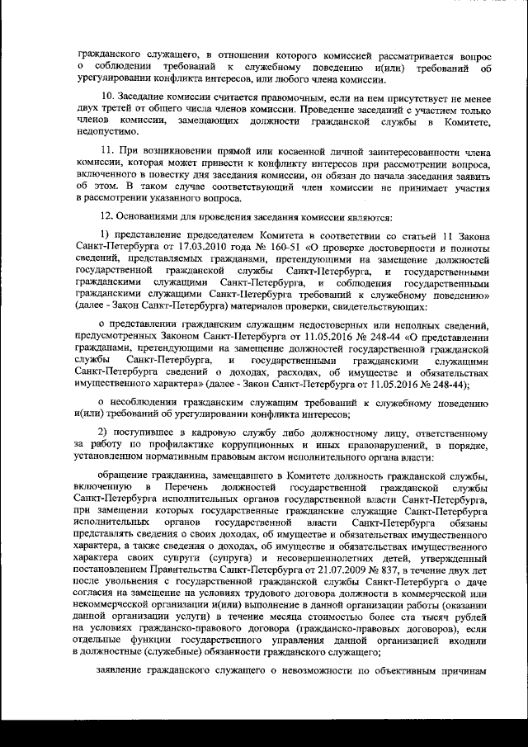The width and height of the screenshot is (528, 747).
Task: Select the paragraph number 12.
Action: (x=105, y=217)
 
